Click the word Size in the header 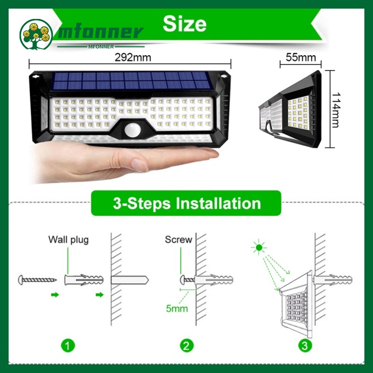tap(185, 24)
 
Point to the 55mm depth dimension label tap(301, 57)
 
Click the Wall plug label tap(68, 239)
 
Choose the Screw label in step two tap(178, 239)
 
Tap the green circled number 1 tap(68, 345)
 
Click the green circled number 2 tap(187, 345)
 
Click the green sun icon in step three tap(259, 248)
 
